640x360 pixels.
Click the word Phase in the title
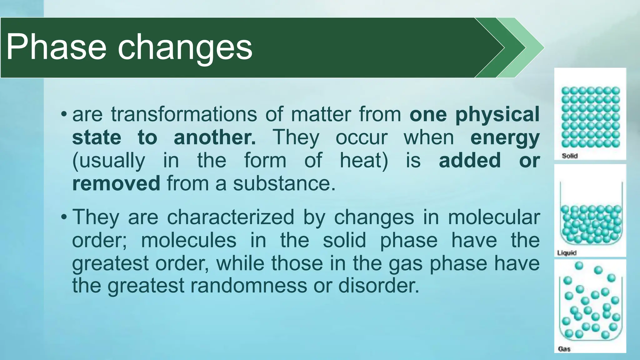56,47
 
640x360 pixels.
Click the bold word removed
116,183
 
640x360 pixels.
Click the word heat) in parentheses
364,160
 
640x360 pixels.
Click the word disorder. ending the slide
378,286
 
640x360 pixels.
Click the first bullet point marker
64,113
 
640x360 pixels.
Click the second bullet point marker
64,217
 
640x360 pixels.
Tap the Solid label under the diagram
569,156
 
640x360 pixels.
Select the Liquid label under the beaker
567,253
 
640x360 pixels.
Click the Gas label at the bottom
564,349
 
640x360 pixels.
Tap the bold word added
470,160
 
